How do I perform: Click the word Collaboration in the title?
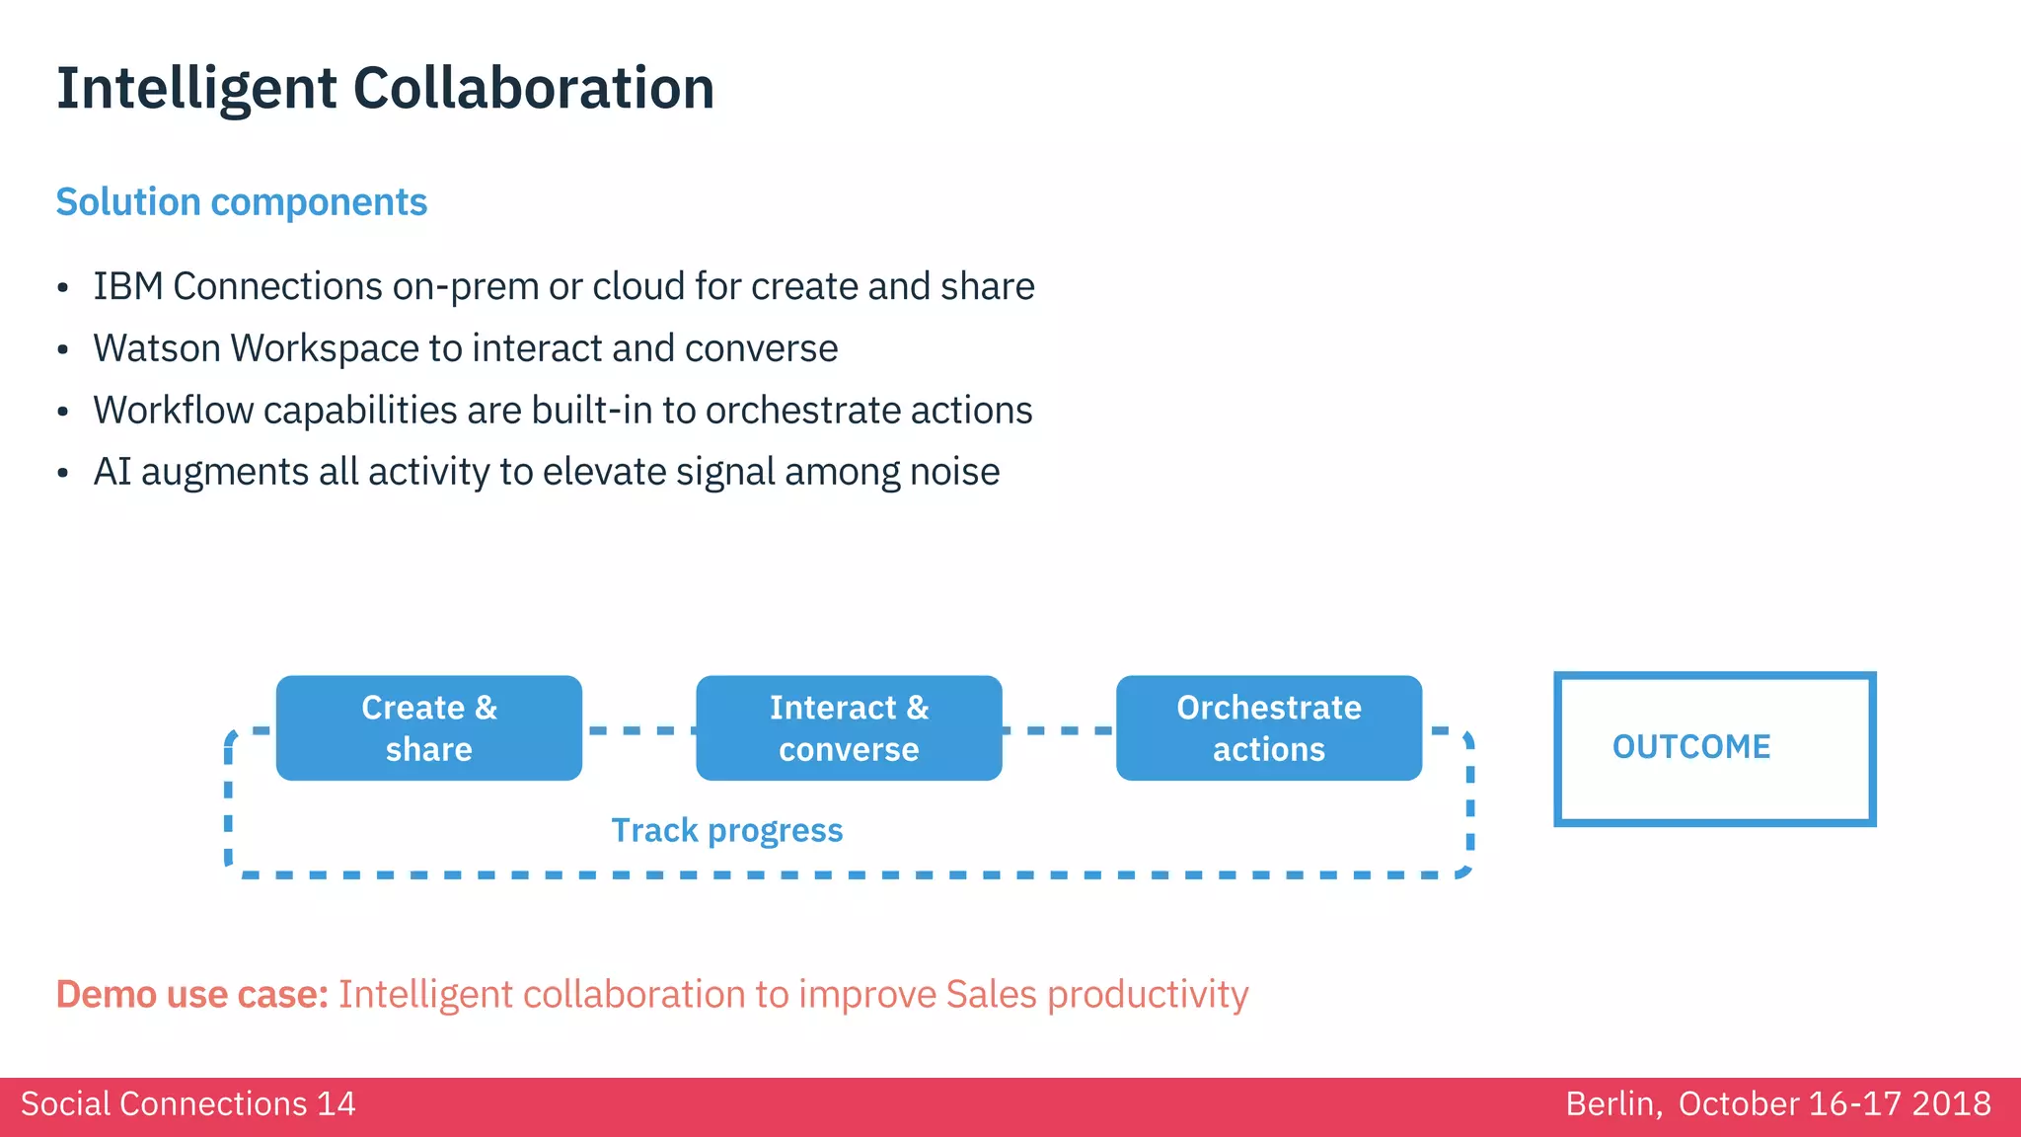tap(533, 89)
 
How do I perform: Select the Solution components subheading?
tap(241, 202)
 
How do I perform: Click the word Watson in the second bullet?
tap(157, 348)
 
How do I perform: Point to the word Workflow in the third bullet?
tap(173, 411)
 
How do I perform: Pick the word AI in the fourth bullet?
tap(112, 472)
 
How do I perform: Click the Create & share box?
tap(428, 728)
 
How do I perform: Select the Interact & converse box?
tap(849, 728)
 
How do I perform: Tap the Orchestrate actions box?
tap(1268, 728)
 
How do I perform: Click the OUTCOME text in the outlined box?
tap(1691, 747)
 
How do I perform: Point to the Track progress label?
tap(726, 831)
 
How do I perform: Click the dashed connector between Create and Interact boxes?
tap(638, 731)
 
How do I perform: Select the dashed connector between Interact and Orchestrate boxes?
tap(1059, 731)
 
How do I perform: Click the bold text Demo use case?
tap(191, 995)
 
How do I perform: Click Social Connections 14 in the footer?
tap(187, 1103)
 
